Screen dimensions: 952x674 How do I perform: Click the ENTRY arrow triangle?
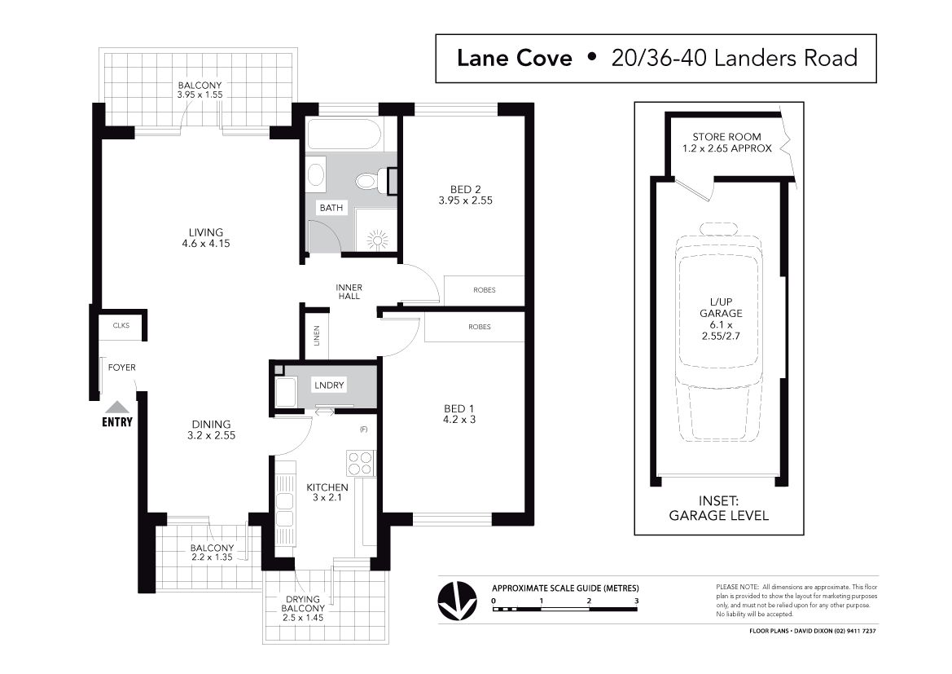pyautogui.click(x=116, y=407)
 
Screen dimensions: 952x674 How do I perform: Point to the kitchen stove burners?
pyautogui.click(x=359, y=463)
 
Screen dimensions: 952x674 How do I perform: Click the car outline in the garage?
pyautogui.click(x=720, y=332)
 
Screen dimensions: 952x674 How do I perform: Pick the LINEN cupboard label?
pyautogui.click(x=316, y=336)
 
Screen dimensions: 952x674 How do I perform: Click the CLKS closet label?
pyautogui.click(x=121, y=326)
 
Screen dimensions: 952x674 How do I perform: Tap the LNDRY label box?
pyautogui.click(x=329, y=385)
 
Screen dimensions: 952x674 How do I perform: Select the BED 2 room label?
pyautogui.click(x=465, y=195)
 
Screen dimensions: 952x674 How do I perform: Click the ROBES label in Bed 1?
pyautogui.click(x=480, y=327)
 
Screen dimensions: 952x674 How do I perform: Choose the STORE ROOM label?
pyautogui.click(x=726, y=142)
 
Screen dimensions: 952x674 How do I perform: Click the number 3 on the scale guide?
pyautogui.click(x=636, y=601)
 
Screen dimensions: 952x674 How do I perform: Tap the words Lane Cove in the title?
pyautogui.click(x=514, y=59)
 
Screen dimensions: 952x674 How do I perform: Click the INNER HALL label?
pyautogui.click(x=349, y=292)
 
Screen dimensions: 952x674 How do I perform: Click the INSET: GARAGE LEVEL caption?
pyautogui.click(x=719, y=509)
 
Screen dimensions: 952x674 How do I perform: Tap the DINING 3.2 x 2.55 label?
pyautogui.click(x=211, y=430)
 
